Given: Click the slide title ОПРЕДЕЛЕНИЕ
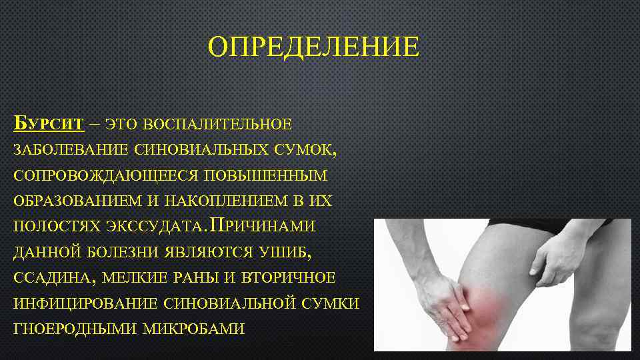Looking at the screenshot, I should (313, 47).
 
